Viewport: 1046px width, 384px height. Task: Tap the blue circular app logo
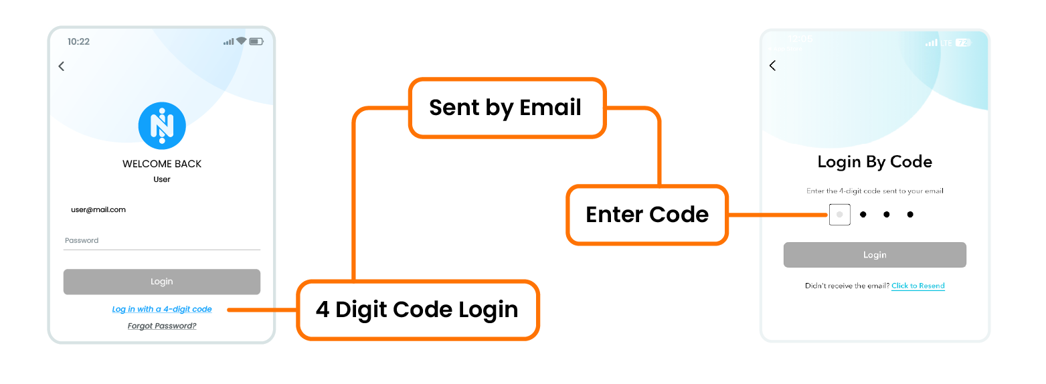click(x=162, y=126)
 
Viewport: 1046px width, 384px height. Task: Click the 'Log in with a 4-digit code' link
click(x=162, y=309)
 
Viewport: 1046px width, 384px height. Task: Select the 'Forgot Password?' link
click(x=162, y=326)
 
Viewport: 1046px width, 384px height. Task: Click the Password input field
click(x=161, y=241)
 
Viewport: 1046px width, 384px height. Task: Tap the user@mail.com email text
click(x=98, y=210)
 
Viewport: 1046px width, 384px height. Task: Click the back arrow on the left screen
click(x=62, y=66)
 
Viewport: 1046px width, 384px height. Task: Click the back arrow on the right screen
click(x=772, y=66)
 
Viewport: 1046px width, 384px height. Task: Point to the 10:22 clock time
click(x=78, y=41)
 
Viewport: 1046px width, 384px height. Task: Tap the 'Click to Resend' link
click(x=918, y=286)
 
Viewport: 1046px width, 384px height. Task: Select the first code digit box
click(x=839, y=215)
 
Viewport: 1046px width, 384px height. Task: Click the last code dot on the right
click(x=910, y=215)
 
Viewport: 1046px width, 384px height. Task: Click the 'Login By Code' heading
click(x=875, y=162)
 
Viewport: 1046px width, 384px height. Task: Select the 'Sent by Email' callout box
click(x=506, y=108)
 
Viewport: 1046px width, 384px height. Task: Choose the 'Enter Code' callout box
click(x=646, y=215)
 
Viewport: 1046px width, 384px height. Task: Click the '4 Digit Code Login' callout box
click(x=417, y=310)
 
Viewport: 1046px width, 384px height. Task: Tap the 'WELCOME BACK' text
click(x=162, y=164)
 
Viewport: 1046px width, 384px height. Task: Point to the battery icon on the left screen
click(x=256, y=41)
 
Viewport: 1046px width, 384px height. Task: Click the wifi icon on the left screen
click(x=241, y=41)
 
